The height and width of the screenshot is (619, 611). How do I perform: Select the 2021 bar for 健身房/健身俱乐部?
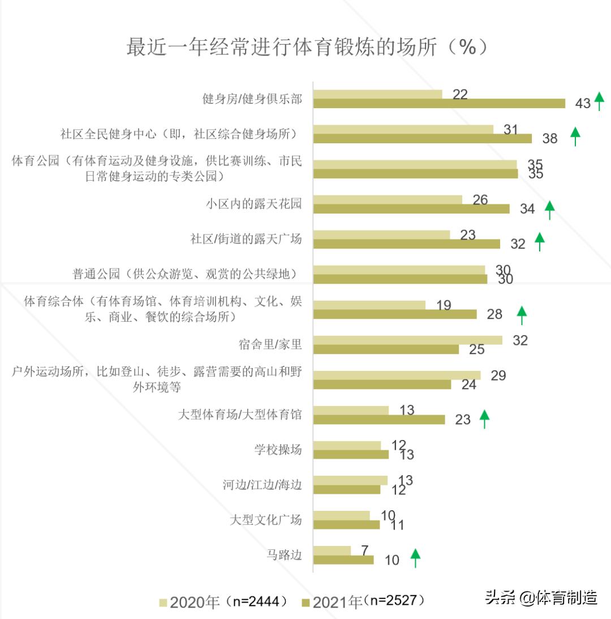coord(439,103)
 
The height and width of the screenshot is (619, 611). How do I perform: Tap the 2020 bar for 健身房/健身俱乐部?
coord(377,94)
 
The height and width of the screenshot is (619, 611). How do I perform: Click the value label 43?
coord(583,104)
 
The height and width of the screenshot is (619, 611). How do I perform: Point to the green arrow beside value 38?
coord(575,136)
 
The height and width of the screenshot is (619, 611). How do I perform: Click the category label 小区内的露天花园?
coord(253,204)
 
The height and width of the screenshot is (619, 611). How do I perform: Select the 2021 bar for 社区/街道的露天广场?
coord(406,244)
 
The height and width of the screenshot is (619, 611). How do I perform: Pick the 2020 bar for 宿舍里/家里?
coord(407,340)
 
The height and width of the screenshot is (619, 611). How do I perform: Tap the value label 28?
coord(494,314)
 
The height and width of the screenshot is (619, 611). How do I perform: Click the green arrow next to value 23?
coord(484,419)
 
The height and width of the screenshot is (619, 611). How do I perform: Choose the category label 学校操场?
coord(278,450)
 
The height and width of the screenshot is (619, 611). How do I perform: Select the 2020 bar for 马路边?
coord(332,550)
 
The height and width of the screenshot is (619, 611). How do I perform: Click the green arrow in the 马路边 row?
coord(415,558)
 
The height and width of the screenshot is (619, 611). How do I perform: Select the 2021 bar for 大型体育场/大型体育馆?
coord(379,420)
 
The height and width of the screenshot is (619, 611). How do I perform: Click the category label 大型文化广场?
coord(266,520)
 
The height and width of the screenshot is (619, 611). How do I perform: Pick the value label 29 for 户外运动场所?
coord(498,375)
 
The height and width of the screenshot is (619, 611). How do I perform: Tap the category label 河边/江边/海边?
coord(262,485)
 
